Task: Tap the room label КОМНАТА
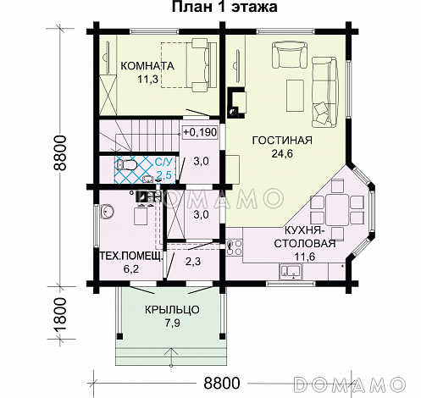click(147, 66)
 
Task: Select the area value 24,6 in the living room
click(271, 154)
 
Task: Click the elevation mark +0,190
click(199, 132)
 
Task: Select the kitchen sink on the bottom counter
click(291, 271)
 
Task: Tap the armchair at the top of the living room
click(281, 56)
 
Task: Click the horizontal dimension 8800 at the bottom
click(221, 383)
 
